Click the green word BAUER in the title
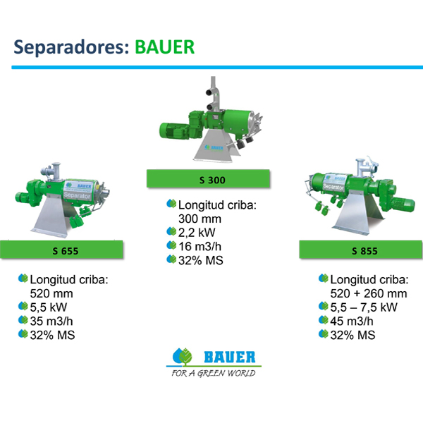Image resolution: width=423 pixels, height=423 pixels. [x=164, y=47]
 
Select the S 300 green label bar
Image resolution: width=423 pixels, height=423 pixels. [x=208, y=178]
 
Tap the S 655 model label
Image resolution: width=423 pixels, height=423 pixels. [x=66, y=251]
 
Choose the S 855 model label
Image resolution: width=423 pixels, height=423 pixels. [x=364, y=251]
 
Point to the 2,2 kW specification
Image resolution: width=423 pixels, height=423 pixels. [x=197, y=232]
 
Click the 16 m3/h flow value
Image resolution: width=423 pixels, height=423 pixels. [x=200, y=246]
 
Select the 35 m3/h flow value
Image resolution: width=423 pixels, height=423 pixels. [x=51, y=321]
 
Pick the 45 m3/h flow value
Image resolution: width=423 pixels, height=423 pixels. [x=352, y=321]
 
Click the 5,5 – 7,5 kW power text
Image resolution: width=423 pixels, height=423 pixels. [x=364, y=307]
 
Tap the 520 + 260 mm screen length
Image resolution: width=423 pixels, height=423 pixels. [x=369, y=293]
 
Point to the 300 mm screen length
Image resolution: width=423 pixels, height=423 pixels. [x=200, y=219]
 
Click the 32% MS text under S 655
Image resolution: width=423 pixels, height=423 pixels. [x=52, y=335]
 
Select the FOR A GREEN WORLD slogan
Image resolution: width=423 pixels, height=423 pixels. [x=214, y=373]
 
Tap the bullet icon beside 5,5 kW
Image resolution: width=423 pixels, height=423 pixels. [x=23, y=306]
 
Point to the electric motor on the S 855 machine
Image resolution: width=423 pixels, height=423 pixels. [x=403, y=204]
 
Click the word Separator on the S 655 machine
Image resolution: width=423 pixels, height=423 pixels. [x=77, y=195]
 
